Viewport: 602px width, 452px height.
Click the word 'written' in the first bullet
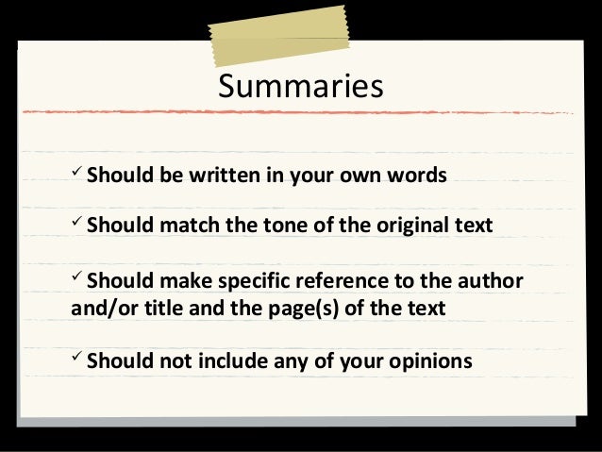coord(207,176)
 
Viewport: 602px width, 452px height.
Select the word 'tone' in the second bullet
coord(289,226)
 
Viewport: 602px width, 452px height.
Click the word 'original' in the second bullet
coord(413,226)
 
